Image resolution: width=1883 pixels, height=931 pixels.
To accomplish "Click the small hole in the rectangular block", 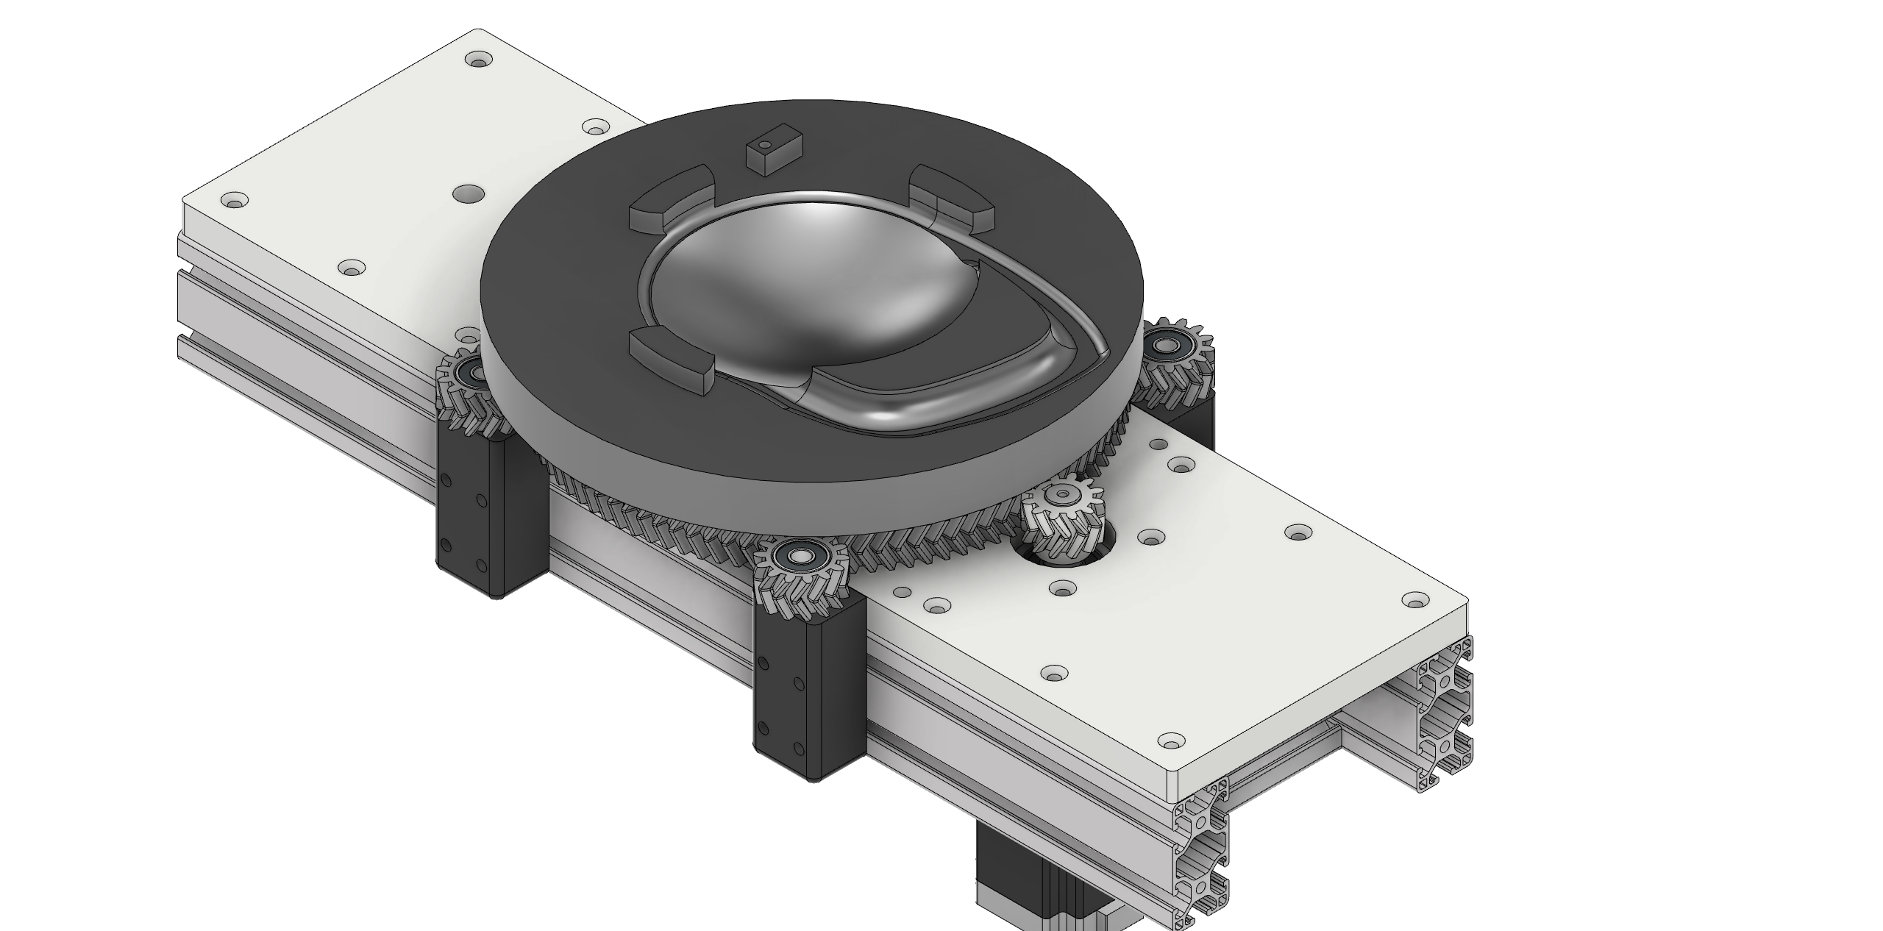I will click(x=767, y=144).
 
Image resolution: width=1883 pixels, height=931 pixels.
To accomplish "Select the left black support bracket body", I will click(x=489, y=515).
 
